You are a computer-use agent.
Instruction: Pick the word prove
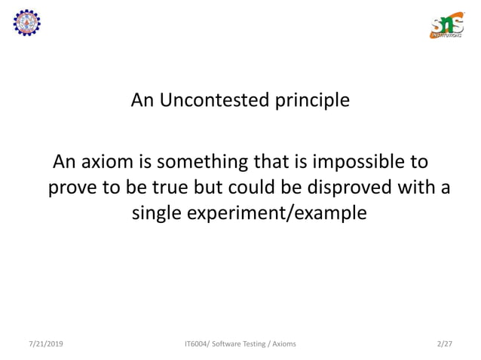pyautogui.click(x=73, y=188)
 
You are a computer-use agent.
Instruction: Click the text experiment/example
pyautogui.click(x=283, y=213)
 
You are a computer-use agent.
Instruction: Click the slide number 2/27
pyautogui.click(x=445, y=344)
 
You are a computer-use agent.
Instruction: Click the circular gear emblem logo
pyautogui.click(x=27, y=23)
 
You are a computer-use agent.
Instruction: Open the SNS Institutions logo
pyautogui.click(x=446, y=25)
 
